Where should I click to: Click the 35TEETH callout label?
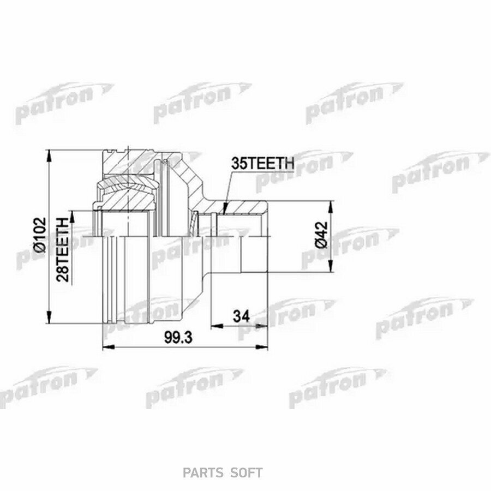tap(263, 164)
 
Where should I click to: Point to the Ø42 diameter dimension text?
tap(321, 235)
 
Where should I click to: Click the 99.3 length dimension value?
tap(178, 337)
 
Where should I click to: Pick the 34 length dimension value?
tap(242, 316)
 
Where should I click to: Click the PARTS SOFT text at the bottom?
tap(223, 473)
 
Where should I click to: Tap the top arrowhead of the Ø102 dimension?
tap(49, 155)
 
